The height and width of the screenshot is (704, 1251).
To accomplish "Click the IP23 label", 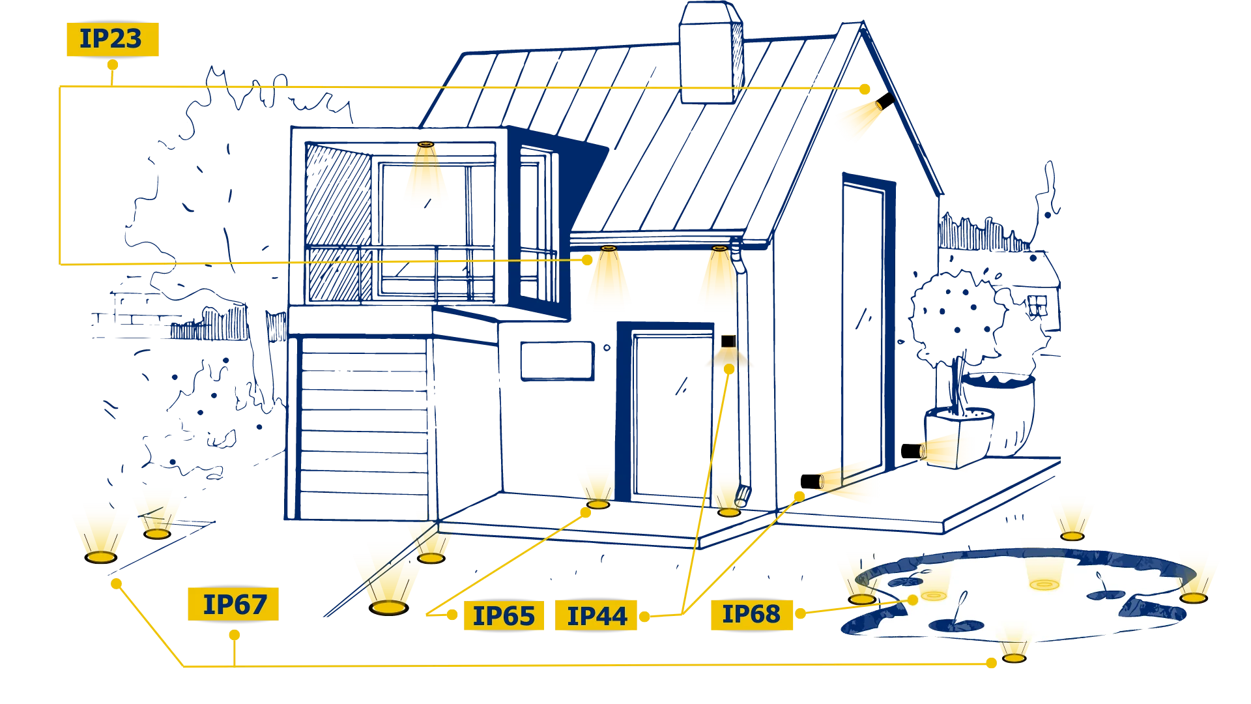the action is [x=112, y=39].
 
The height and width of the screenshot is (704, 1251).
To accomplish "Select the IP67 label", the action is [x=233, y=604].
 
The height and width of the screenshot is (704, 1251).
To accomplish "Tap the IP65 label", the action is [x=504, y=616].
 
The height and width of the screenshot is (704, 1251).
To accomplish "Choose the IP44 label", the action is [x=596, y=615].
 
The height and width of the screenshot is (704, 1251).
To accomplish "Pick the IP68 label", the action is [x=751, y=614].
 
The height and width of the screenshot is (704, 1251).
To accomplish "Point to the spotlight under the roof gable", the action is [x=884, y=101].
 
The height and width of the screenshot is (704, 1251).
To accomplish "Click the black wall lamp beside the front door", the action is [x=728, y=341].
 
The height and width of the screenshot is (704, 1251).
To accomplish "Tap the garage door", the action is [x=364, y=428].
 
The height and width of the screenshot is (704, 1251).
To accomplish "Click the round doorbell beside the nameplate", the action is [x=607, y=347].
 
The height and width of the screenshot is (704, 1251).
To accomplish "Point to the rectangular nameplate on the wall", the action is [x=557, y=360].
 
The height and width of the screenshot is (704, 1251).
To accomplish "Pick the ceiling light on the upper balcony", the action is [x=425, y=144].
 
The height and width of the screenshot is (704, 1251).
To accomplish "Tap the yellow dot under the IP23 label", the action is [x=113, y=65].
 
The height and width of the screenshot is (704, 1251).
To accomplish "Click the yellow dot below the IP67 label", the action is [x=235, y=635].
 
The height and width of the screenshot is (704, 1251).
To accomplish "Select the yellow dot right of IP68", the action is [x=800, y=613].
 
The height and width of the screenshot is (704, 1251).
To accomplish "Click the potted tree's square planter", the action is [x=958, y=437].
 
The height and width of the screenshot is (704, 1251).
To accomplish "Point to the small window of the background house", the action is [x=1037, y=305].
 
